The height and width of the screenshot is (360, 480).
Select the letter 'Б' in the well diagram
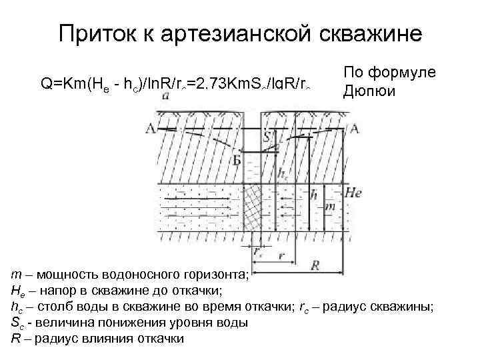click(236, 161)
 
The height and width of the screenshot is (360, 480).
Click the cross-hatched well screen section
click(251, 207)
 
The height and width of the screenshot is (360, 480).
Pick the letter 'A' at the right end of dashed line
click(353, 129)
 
